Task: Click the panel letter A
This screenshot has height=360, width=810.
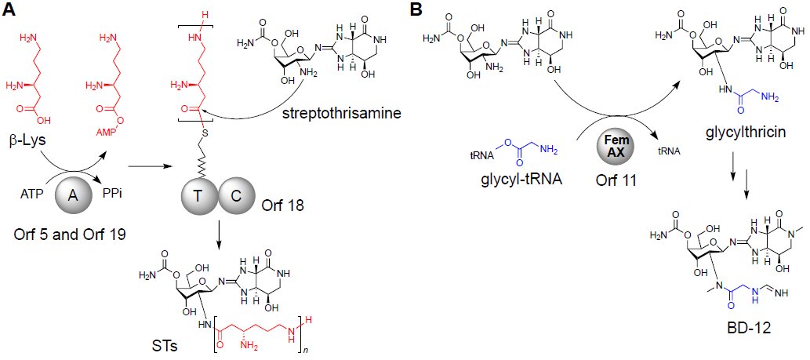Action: click(x=9, y=10)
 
